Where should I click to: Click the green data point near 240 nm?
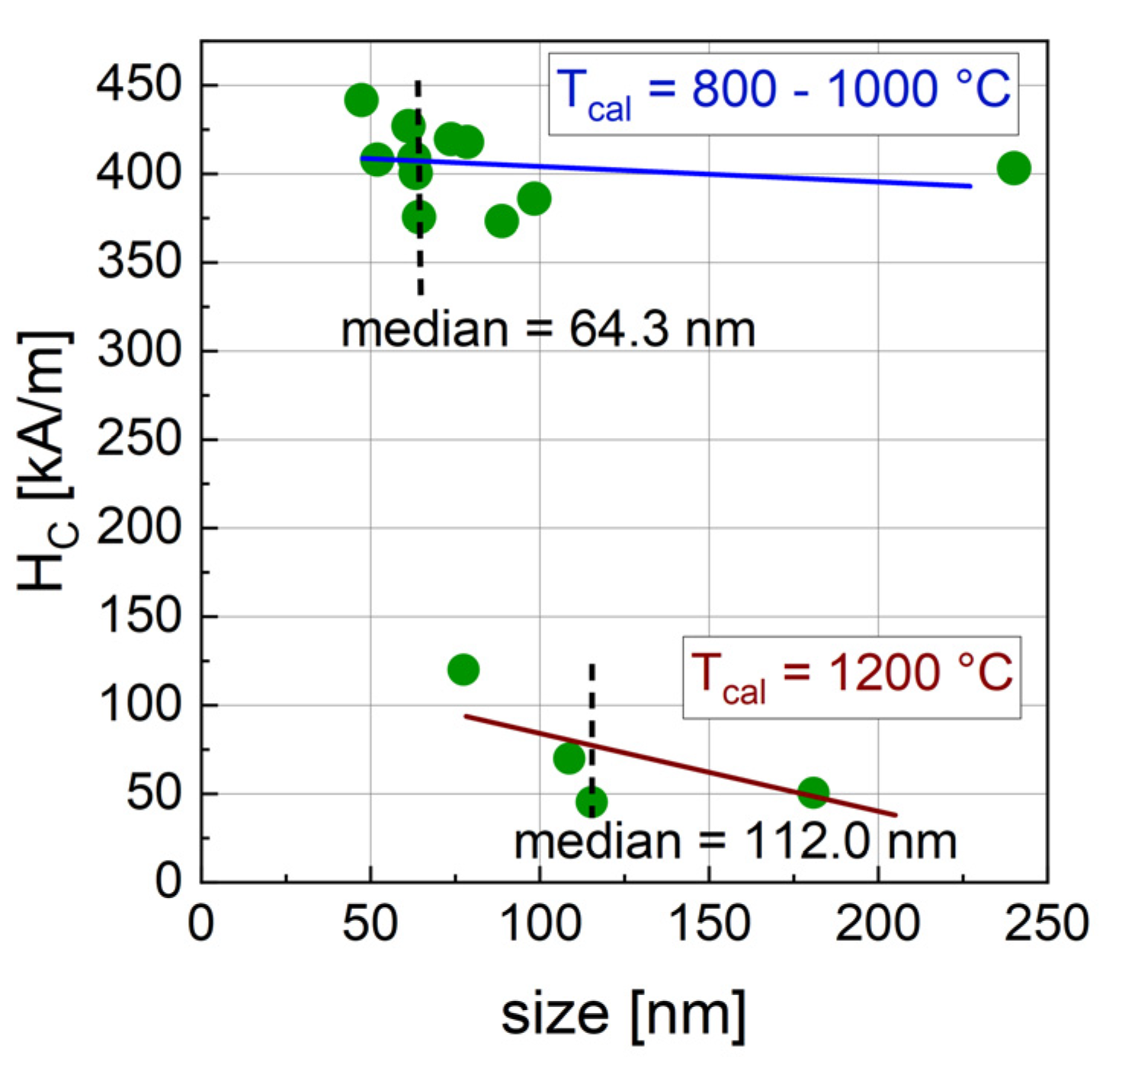click(x=1013, y=168)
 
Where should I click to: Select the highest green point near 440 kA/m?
click(x=361, y=100)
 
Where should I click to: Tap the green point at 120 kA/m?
click(x=463, y=670)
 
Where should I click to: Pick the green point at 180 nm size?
click(x=813, y=793)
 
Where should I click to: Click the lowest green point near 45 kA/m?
click(x=591, y=802)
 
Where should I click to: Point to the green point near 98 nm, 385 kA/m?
click(x=534, y=199)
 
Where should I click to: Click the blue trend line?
click(x=686, y=171)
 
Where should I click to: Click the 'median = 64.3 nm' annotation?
click(x=548, y=331)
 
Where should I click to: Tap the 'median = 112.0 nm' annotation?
click(x=735, y=842)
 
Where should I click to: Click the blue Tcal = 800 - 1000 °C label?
click(x=784, y=94)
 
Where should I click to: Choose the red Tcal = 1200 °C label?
click(x=851, y=677)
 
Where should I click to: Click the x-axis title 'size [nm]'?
click(x=623, y=1015)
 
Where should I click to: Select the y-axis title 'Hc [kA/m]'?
click(x=47, y=462)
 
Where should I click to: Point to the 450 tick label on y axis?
click(x=139, y=85)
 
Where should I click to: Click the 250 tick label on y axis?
click(x=139, y=440)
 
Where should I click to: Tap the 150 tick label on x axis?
click(x=709, y=924)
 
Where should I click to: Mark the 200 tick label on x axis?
click(x=878, y=924)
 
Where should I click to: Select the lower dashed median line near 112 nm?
click(x=592, y=701)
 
